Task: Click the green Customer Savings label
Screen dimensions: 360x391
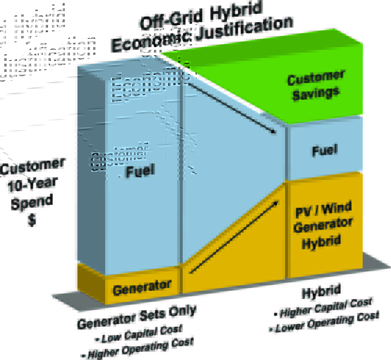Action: click(316, 85)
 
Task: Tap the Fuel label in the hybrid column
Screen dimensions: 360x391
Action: click(325, 151)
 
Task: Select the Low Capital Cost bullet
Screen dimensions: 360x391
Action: click(140, 333)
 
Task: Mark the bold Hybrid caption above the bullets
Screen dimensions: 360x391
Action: click(321, 291)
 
